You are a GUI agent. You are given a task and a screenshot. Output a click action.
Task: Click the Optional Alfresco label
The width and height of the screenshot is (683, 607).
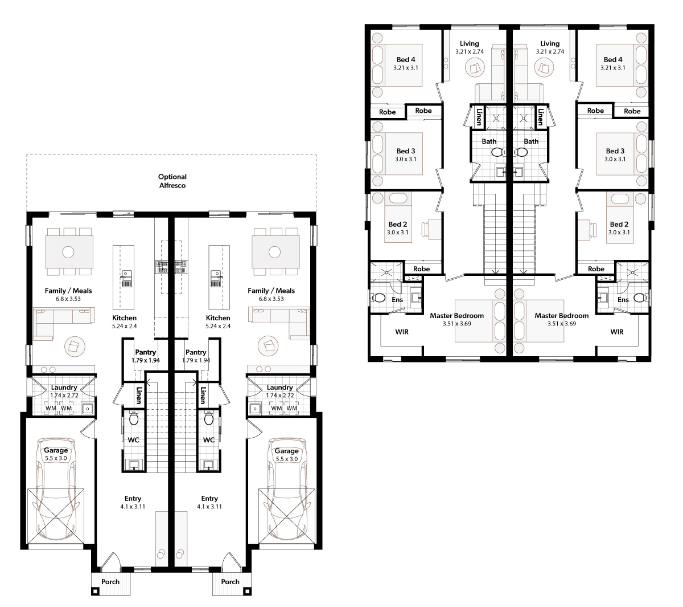click(172, 181)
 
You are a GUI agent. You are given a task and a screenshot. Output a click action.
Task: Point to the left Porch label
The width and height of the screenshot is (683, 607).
click(110, 582)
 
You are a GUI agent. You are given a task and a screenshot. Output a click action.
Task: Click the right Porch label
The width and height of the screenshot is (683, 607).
click(231, 582)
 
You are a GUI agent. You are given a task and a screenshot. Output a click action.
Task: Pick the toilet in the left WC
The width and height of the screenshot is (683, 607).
click(134, 418)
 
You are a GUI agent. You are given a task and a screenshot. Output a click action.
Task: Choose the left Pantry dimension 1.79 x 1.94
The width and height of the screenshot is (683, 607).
click(146, 360)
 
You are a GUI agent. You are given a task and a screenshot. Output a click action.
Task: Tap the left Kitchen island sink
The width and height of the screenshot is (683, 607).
click(126, 279)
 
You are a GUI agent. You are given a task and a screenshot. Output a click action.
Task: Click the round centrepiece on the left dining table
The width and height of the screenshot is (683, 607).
click(68, 252)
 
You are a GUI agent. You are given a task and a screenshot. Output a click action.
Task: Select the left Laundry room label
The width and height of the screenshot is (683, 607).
click(64, 387)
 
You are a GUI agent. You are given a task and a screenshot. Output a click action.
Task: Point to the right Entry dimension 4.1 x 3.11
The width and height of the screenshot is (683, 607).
click(209, 506)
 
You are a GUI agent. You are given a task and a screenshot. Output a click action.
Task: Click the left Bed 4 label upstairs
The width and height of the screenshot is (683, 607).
click(406, 59)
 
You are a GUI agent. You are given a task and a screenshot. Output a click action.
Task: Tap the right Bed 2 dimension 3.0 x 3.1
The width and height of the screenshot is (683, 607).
click(619, 233)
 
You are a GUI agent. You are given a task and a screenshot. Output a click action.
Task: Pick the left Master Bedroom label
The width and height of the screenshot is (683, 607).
click(456, 316)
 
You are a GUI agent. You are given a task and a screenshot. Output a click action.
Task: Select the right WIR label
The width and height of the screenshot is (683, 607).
click(616, 332)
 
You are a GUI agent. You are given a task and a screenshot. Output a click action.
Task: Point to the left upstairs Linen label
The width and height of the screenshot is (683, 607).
click(479, 116)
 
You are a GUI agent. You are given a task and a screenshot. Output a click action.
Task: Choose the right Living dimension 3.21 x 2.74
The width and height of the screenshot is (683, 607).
click(550, 52)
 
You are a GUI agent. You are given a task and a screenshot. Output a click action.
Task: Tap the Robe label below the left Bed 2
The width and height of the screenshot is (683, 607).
click(421, 268)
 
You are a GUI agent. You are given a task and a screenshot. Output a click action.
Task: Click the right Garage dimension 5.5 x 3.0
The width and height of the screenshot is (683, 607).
click(286, 459)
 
